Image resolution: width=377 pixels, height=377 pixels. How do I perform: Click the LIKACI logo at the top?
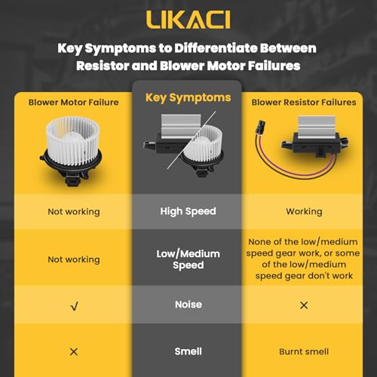[x=188, y=20]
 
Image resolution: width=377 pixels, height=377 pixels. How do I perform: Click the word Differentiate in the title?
[x=216, y=48]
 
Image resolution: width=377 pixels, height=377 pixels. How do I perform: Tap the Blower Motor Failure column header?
[x=73, y=103]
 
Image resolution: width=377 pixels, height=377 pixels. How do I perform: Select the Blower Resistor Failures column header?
[x=304, y=103]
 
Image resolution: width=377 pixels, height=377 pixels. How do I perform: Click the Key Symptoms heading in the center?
[x=188, y=97]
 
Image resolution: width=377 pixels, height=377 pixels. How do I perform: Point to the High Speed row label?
[x=188, y=211]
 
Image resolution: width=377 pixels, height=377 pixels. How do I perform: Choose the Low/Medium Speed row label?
[x=188, y=259]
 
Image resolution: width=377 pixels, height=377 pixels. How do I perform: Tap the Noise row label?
[x=188, y=305]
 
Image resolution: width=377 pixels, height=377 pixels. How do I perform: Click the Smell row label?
[x=188, y=351]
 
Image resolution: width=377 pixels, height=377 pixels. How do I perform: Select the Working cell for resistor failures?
[x=304, y=212]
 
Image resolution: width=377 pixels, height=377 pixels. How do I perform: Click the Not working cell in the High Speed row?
[x=74, y=212]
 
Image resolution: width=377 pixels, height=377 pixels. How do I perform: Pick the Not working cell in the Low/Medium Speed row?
[x=74, y=259]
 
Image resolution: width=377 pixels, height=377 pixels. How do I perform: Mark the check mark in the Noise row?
[x=74, y=306]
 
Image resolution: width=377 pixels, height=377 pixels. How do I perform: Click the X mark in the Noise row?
[x=304, y=305]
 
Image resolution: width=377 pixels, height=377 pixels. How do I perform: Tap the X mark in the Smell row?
[x=74, y=351]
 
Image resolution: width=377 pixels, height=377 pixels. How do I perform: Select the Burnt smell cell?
[x=304, y=351]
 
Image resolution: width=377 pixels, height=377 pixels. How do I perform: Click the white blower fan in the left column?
[x=73, y=141]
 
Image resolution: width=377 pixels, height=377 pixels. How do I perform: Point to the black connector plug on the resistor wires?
[x=260, y=127]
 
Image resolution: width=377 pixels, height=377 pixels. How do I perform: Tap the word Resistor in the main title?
[x=103, y=66]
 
